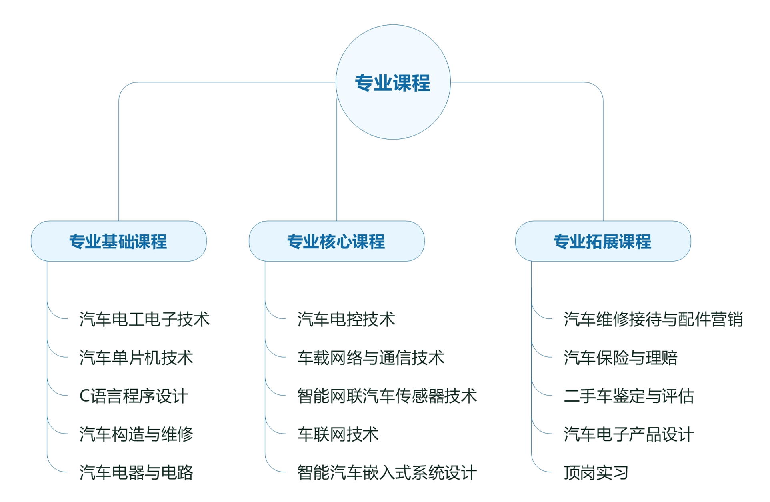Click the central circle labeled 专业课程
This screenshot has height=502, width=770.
393,82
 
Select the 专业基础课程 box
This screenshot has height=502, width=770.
118,241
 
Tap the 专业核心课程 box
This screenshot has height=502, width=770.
336,241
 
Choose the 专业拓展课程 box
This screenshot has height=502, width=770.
603,241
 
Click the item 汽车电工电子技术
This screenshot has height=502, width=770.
144,319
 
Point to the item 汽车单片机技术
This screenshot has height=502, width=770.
136,358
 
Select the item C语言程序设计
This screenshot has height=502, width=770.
134,396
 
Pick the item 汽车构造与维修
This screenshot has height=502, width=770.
136,434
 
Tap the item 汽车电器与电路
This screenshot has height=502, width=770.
136,473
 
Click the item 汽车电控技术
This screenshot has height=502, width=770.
346,319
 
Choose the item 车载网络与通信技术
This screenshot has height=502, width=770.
371,358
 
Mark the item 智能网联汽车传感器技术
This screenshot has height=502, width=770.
387,396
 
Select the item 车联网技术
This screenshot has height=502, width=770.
338,434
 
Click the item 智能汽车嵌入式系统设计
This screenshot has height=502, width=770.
387,473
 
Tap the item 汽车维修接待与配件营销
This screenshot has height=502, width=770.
653,319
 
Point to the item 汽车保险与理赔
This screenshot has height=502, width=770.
620,358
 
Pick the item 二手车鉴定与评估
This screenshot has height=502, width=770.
629,396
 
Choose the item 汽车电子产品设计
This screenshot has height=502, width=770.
629,434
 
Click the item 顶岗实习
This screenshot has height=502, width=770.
596,473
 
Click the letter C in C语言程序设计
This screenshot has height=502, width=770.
84,396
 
